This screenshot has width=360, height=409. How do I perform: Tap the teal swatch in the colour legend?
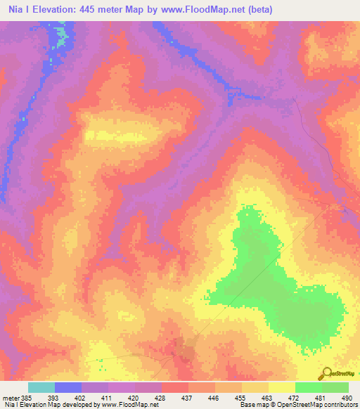(x=41, y=387)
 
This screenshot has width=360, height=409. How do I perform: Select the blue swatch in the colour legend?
(x=68, y=387)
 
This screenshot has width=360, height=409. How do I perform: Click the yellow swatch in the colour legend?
(x=281, y=387)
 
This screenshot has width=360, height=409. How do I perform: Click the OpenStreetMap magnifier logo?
(x=326, y=374)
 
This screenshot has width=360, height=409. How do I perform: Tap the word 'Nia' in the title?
(x=13, y=10)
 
